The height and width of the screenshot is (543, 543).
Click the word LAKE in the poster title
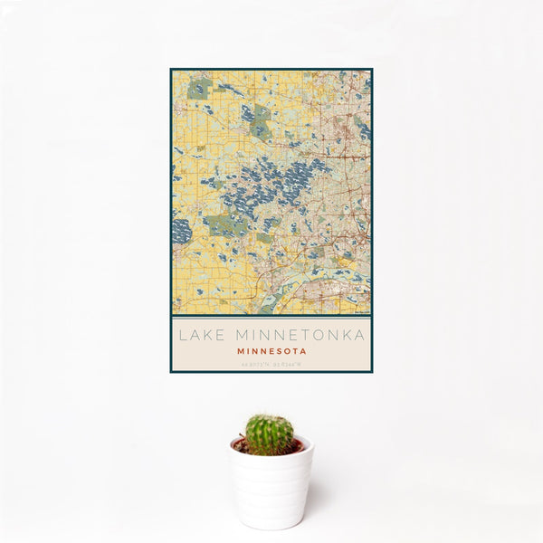198,336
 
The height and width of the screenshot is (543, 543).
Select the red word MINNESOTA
271,351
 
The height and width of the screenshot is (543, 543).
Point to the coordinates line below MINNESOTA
271,365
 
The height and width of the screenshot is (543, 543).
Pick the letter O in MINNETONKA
325,336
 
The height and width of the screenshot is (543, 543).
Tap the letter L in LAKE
182,336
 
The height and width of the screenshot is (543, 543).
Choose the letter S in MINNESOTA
281,351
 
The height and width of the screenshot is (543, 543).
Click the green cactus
270,434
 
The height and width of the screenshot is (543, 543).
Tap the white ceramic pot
271,489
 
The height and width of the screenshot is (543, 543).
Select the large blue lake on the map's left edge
180,230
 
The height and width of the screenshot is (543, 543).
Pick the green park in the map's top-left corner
199,89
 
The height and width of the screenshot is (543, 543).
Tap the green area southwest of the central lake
221,225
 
